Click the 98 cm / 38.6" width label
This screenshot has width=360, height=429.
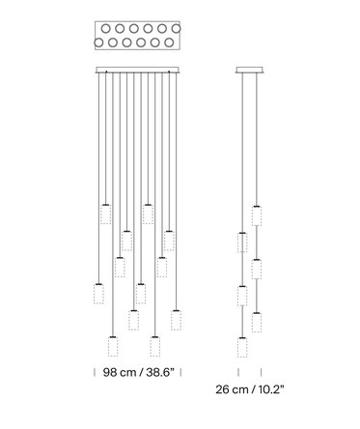point(138,372)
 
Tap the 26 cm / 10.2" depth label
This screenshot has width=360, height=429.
point(250,389)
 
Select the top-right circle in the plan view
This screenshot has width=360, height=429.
point(176,29)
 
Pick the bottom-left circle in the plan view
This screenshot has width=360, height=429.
point(98,43)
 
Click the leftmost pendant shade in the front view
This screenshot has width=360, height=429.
point(98,294)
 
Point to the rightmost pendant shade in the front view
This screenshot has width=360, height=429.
point(176,320)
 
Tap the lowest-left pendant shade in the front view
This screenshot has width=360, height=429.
point(113,347)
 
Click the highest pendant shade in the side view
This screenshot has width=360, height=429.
point(257,215)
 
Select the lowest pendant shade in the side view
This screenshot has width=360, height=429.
point(242,347)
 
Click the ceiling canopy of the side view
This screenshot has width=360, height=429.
point(250,70)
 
